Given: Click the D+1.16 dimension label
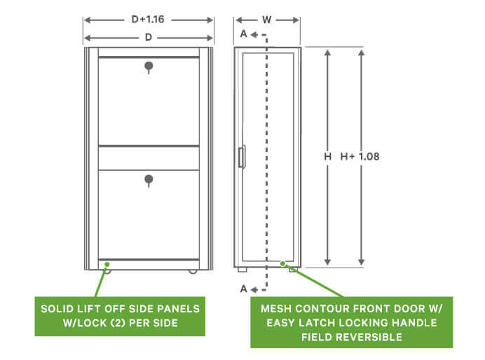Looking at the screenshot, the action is [x=148, y=20].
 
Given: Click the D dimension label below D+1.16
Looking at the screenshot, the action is [x=149, y=37].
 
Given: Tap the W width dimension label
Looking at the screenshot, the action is [x=266, y=20].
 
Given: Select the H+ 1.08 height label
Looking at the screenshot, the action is [x=360, y=156].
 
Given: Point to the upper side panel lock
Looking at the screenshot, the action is [x=149, y=67].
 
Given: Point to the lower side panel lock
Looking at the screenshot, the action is [x=149, y=181].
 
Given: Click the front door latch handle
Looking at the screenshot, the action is [x=242, y=157].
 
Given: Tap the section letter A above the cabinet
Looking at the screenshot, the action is [x=244, y=34].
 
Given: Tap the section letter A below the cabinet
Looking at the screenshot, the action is [x=244, y=289].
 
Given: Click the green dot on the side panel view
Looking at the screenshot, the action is [x=107, y=264].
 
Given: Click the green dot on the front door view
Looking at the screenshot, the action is [x=282, y=263].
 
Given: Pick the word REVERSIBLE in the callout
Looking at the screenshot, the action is [x=369, y=337].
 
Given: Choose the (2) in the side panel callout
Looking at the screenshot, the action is [x=117, y=323].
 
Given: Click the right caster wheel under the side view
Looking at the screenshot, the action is [x=193, y=271].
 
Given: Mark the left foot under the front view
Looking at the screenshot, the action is [x=242, y=270].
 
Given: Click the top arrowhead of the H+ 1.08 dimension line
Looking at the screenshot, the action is [x=361, y=53].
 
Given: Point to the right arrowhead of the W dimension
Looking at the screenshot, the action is [x=296, y=20].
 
